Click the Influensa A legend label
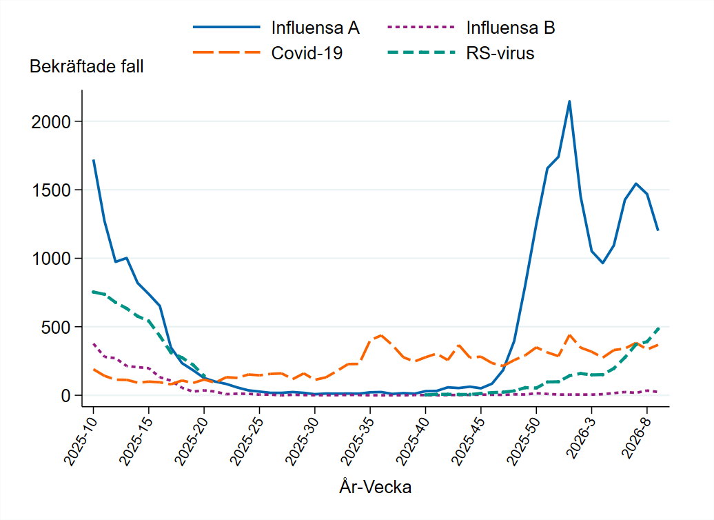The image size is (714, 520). coord(315,28)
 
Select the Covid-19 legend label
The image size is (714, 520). coord(307,53)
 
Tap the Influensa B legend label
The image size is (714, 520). coord(510,28)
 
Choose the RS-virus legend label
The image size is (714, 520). coord(500,53)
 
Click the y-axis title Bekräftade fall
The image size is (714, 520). coord(86,67)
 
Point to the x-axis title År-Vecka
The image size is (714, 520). coord(376,487)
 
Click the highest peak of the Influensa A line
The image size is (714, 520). coord(569,101)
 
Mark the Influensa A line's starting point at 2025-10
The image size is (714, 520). coord(94,160)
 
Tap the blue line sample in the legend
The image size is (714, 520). coord(227,28)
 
